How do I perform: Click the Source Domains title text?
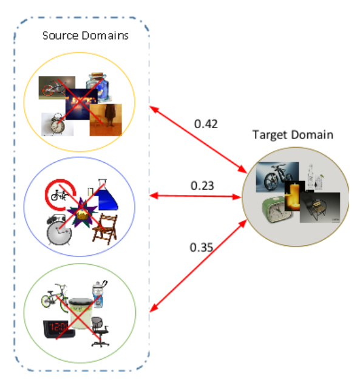(86, 35)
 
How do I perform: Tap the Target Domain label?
(293, 135)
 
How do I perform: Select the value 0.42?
(206, 124)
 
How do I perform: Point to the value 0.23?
(202, 186)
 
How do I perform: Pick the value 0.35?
(201, 247)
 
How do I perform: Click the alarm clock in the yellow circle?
(57, 125)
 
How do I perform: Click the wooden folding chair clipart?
(105, 229)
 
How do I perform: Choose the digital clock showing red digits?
(59, 330)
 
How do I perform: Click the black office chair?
(100, 332)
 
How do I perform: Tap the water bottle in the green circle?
(99, 294)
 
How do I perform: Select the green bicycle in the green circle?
(55, 298)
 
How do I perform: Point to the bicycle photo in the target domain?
(277, 177)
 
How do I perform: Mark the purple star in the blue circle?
(81, 213)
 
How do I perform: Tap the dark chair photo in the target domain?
(320, 208)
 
